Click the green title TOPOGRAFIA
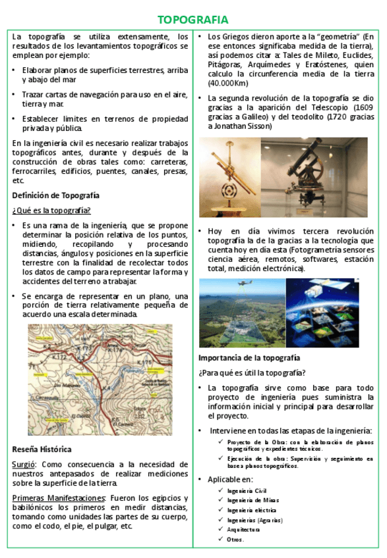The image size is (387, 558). [193, 20]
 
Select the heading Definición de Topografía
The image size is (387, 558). [56, 195]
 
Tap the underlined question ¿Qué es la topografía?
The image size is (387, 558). [51, 210]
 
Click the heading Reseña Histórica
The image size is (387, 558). [42, 449]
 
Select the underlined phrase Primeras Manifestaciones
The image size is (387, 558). [59, 498]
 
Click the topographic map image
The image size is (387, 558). [100, 379]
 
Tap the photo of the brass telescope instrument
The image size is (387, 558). [229, 168]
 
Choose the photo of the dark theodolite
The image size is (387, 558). [313, 168]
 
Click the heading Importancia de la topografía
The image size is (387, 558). [249, 358]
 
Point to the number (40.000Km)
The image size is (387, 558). [227, 84]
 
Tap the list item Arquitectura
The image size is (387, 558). [243, 529]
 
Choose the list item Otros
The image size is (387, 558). [235, 540]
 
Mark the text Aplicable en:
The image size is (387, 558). [230, 479]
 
